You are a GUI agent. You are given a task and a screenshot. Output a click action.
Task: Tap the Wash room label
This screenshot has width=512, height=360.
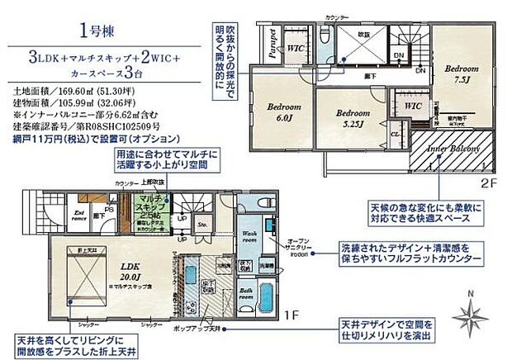[x=251, y=234]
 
